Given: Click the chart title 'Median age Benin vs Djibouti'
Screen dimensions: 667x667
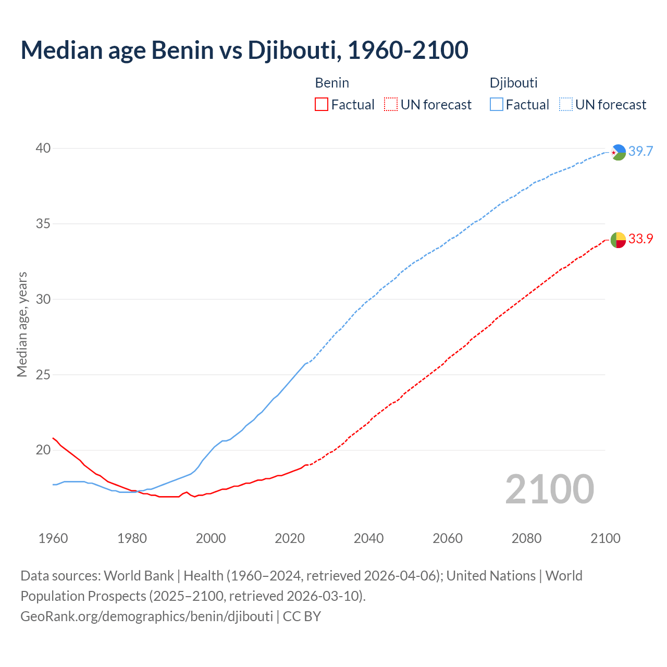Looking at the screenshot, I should (x=244, y=50).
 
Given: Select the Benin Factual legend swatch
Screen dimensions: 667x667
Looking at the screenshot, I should (x=322, y=105).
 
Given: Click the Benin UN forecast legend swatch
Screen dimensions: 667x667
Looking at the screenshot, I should (x=391, y=105).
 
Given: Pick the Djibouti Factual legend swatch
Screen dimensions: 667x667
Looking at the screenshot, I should (x=497, y=105).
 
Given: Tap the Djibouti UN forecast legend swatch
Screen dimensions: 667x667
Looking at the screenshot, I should (x=566, y=105).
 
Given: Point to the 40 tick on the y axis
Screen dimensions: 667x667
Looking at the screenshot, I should (x=43, y=149).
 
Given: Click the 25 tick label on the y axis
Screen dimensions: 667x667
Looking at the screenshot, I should (x=43, y=375).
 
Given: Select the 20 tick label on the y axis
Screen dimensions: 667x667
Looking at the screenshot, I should (x=43, y=450).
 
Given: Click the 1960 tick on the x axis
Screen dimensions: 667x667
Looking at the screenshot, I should (x=53, y=538).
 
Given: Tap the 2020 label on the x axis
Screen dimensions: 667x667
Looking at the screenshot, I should (x=290, y=538).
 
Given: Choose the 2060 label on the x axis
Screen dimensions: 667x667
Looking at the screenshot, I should (x=448, y=538).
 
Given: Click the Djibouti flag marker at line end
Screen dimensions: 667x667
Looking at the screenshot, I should (x=618, y=152).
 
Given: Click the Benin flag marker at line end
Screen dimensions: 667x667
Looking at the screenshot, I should (x=618, y=240).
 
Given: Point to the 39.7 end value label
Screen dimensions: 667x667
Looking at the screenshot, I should (x=640, y=152).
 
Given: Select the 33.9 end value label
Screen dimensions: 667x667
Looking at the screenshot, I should (x=640, y=239).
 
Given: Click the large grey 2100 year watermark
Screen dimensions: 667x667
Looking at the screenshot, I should (x=550, y=489).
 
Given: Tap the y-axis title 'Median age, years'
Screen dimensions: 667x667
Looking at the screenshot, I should (x=22, y=324).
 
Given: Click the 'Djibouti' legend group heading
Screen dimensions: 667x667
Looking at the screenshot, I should (x=513, y=83).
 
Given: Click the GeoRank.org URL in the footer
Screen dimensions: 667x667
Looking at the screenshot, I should (x=146, y=616).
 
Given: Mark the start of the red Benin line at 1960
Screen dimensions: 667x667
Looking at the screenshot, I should (x=53, y=438).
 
